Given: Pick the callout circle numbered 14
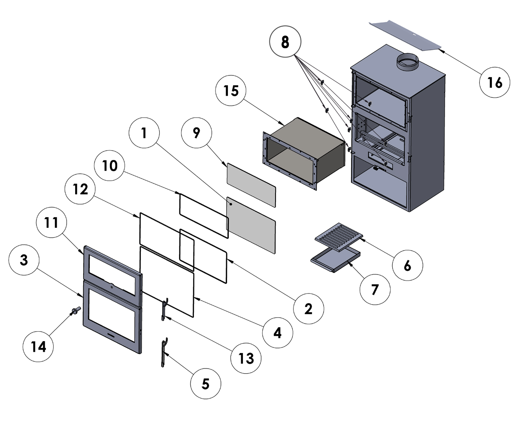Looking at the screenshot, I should tap(39, 346).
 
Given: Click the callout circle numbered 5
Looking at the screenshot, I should tap(206, 384).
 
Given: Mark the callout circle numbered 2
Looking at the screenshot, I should tap(308, 308).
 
